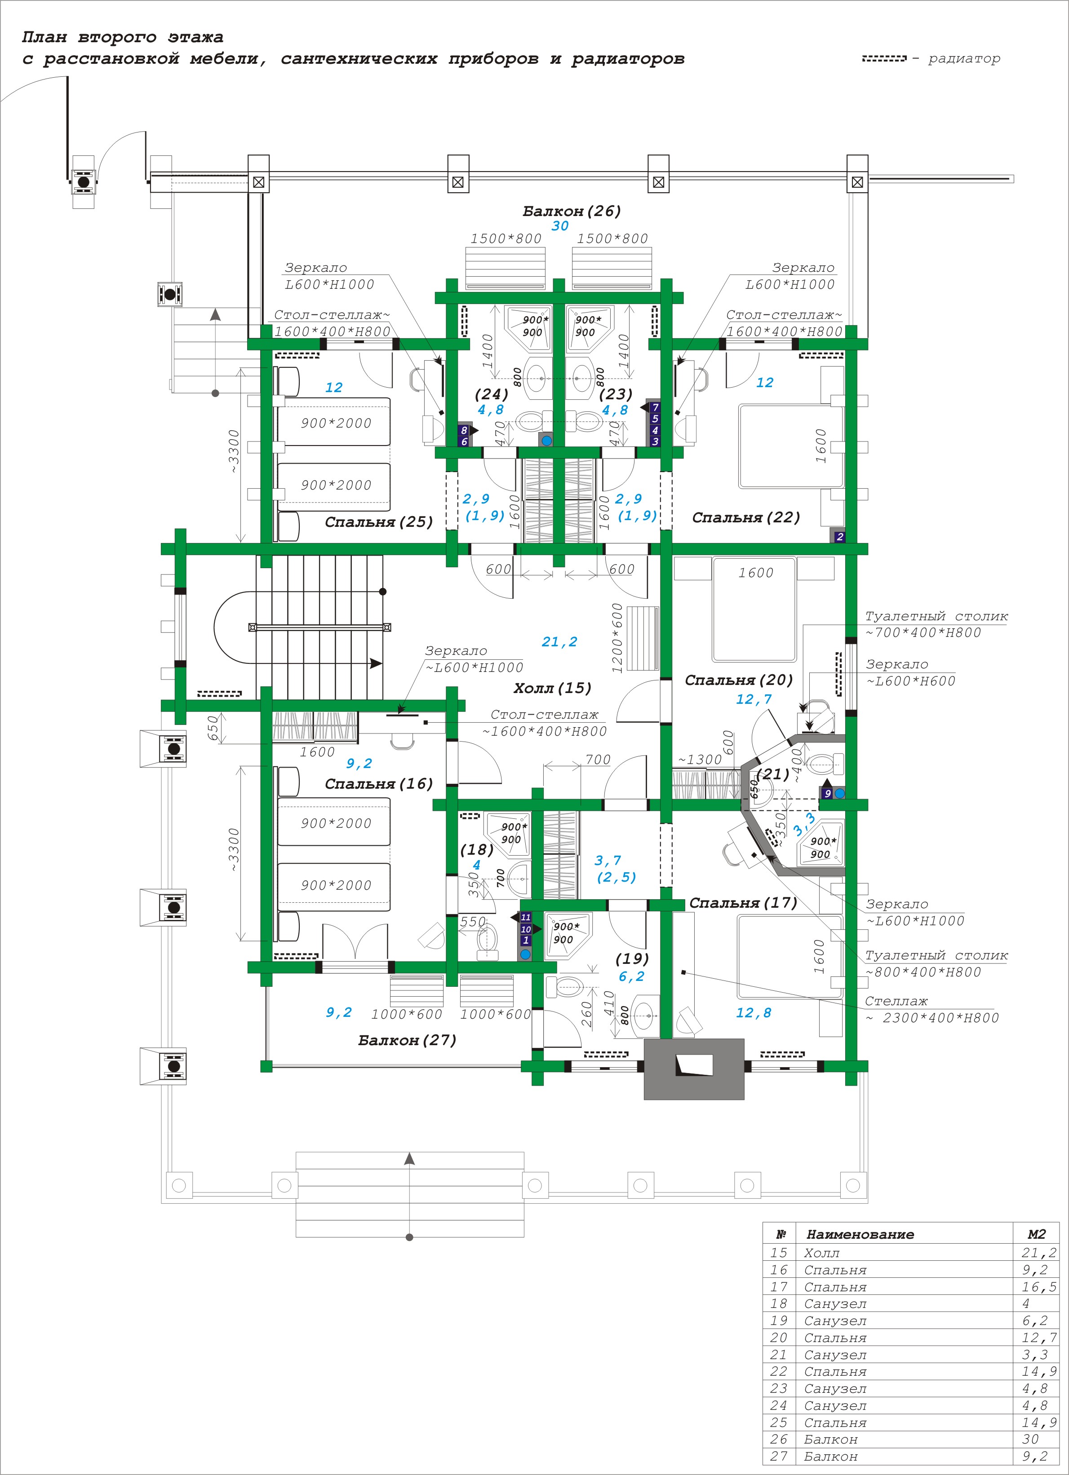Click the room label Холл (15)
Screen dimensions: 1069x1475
tap(552, 688)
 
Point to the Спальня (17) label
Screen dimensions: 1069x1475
tap(743, 903)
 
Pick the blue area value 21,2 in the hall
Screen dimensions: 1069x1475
tap(559, 642)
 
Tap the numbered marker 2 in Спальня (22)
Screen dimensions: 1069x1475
tap(839, 537)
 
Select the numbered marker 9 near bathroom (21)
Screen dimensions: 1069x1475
tap(828, 794)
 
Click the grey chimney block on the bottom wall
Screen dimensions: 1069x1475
tap(694, 1069)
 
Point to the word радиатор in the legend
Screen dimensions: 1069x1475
tap(964, 58)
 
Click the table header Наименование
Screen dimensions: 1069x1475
tap(860, 1234)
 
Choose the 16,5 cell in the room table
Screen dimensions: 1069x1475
tap(1039, 1287)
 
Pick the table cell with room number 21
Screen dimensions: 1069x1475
tap(779, 1355)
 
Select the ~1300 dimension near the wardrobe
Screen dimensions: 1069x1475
tap(700, 760)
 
